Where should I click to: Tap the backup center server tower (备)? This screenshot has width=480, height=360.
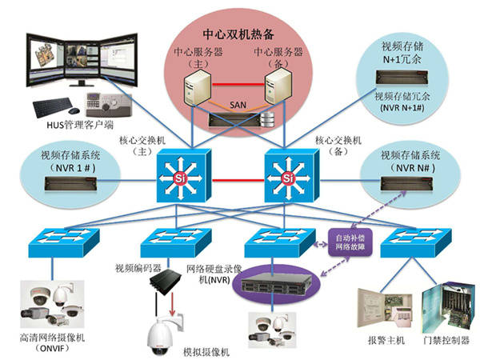click(x=276, y=90)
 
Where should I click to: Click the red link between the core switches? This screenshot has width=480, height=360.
click(x=233, y=170)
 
